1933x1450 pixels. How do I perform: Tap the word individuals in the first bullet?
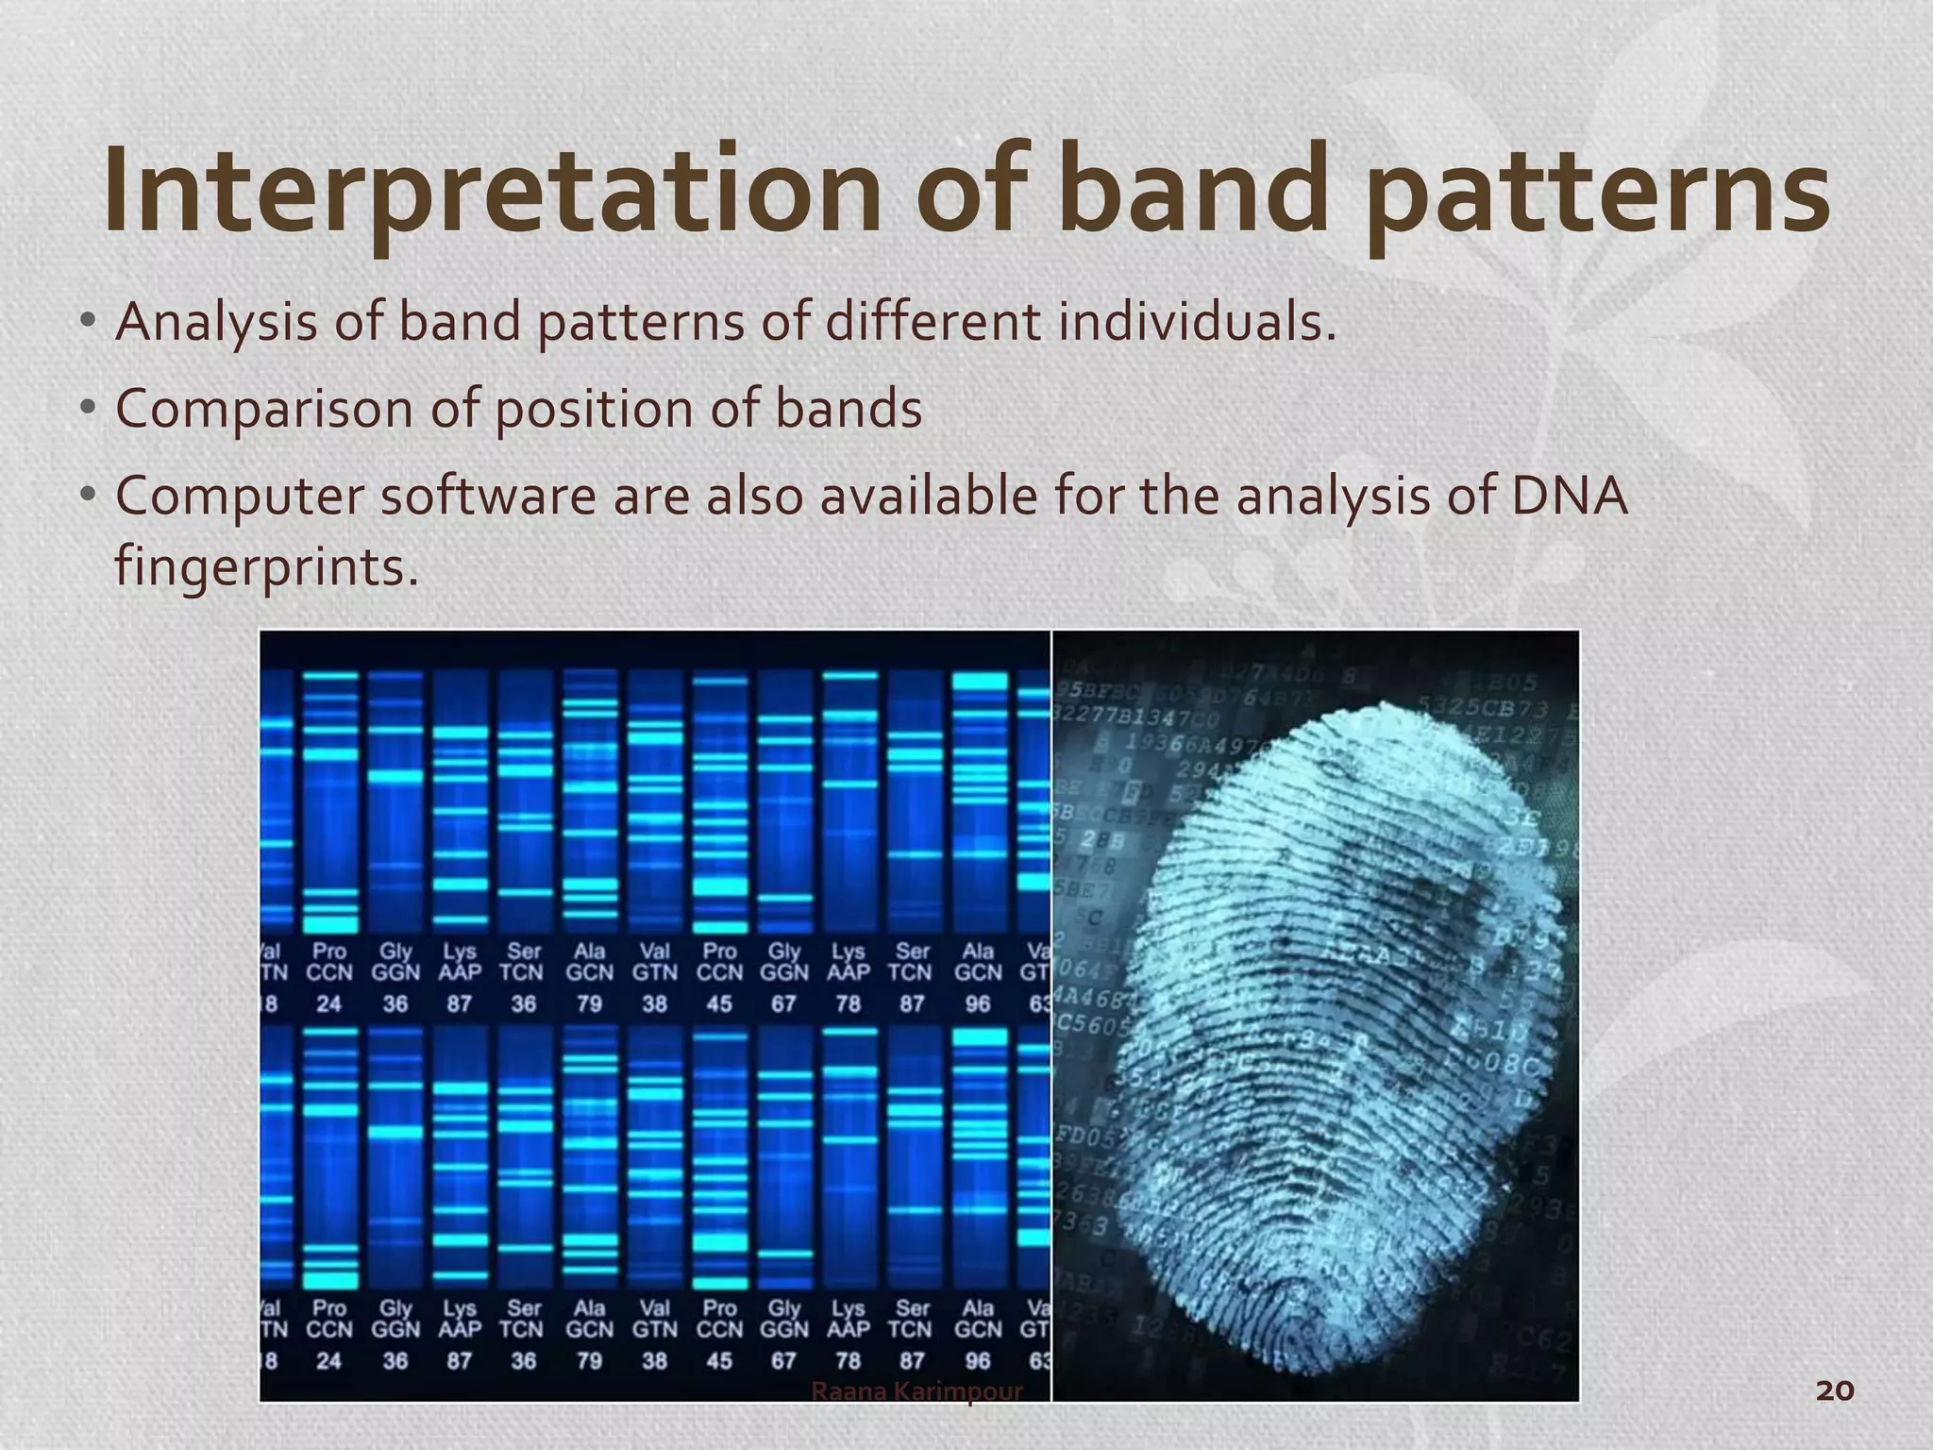tap(1197, 322)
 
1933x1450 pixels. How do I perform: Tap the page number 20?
tap(1835, 1391)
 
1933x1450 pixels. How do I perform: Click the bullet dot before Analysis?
tap(88, 322)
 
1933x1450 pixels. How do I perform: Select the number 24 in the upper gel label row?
tap(328, 1003)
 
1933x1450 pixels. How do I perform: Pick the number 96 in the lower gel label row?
tap(978, 1360)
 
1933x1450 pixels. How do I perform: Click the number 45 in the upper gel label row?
tap(719, 1003)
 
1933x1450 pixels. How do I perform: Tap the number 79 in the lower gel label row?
tap(589, 1360)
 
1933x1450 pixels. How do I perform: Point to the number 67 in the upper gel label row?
tap(783, 1003)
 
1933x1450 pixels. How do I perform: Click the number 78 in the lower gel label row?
tap(848, 1360)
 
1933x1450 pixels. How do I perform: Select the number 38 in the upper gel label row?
tap(654, 1003)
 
